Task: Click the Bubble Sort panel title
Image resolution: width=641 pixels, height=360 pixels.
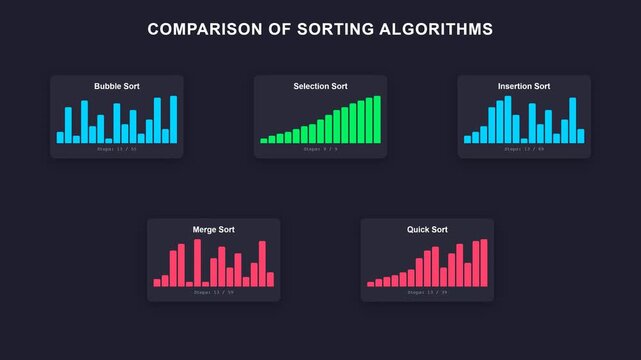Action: point(117,87)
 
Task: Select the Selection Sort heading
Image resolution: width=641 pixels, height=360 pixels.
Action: point(320,87)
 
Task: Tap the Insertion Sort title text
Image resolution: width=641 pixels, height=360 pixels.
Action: point(524,87)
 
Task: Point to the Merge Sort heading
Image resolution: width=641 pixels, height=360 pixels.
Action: point(213,230)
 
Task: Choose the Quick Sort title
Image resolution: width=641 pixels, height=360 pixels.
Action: point(427,230)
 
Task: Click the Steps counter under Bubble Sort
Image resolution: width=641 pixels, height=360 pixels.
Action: point(117,149)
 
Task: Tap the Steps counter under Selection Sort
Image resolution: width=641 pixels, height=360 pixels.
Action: point(320,149)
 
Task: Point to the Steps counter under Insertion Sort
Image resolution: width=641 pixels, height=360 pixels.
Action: point(524,149)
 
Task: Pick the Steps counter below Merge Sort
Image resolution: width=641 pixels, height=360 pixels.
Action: point(213,292)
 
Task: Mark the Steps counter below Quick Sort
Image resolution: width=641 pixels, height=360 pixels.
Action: point(427,292)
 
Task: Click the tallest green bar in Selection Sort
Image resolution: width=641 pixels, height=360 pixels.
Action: point(378,120)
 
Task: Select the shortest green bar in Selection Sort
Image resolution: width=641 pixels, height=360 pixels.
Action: point(264,141)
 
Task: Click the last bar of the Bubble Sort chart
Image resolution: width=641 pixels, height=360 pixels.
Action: point(174,120)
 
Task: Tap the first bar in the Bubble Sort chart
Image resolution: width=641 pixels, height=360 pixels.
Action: point(60,138)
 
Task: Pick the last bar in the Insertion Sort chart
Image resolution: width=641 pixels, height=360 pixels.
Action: point(581,136)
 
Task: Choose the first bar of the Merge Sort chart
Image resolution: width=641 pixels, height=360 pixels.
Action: point(157,283)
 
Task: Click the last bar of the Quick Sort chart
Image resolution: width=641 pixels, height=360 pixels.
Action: point(485,263)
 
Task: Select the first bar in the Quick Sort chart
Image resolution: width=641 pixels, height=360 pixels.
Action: point(370,284)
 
